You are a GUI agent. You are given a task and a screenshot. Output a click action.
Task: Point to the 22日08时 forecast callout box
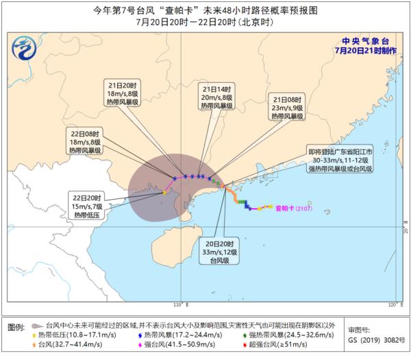(84, 140)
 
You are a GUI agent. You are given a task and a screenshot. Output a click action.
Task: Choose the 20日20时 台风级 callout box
(222, 251)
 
